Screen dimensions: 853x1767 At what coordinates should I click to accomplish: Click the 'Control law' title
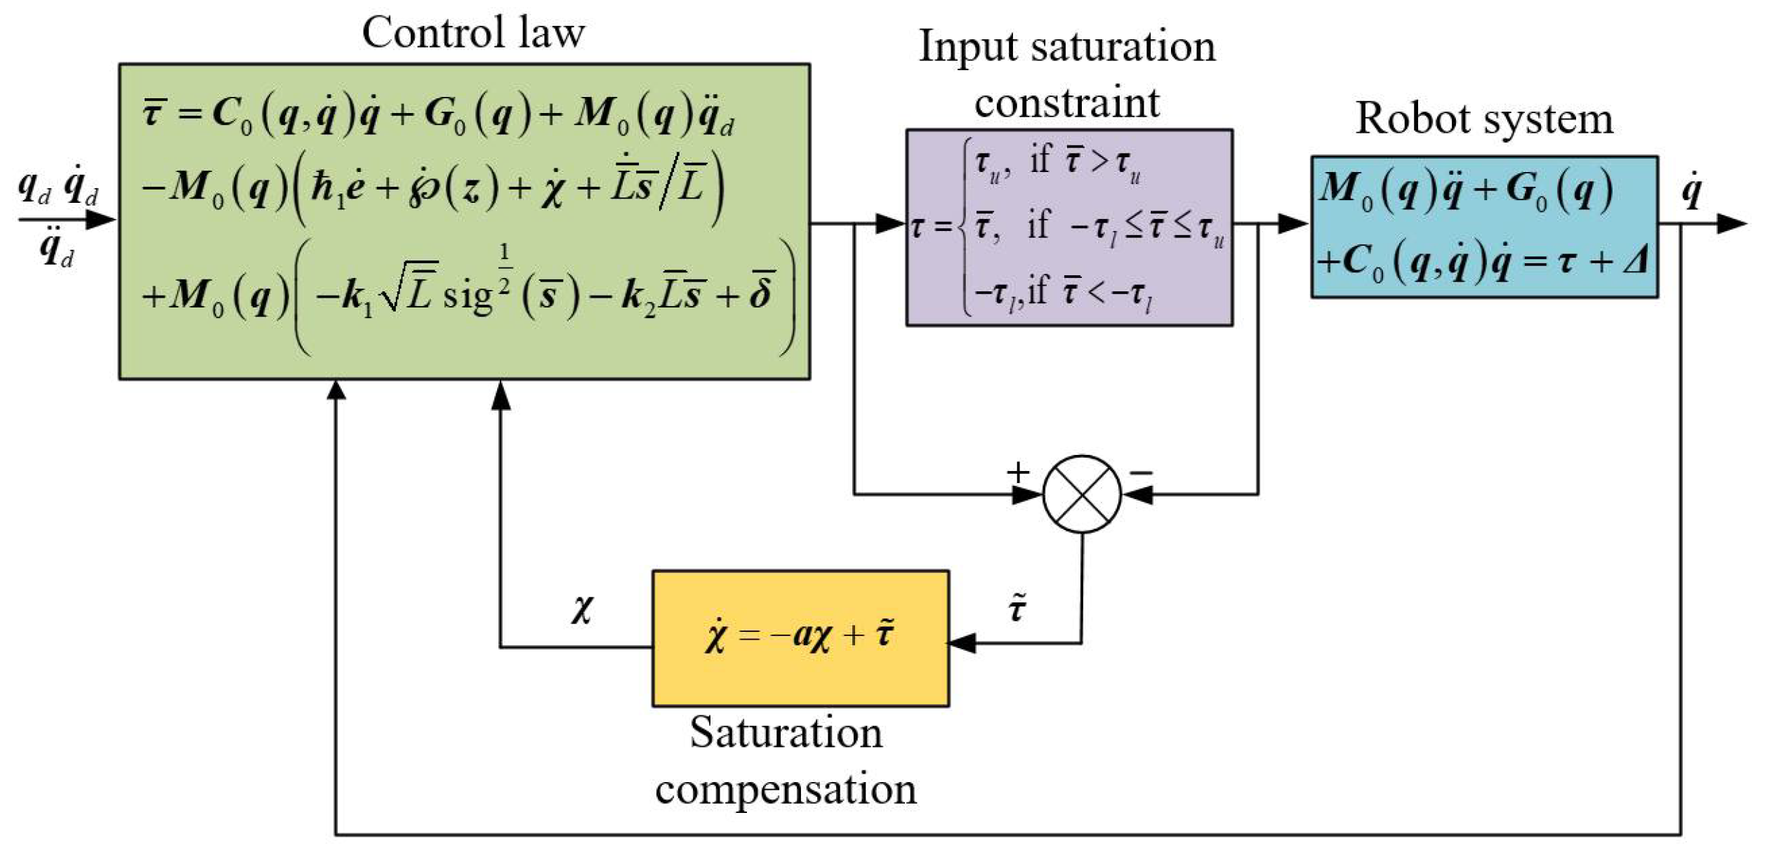472,33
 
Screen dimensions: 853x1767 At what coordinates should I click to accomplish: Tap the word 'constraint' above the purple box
1066,103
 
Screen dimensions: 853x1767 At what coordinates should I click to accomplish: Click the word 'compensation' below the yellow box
786,789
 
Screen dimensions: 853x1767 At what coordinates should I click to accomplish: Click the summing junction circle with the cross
1081,494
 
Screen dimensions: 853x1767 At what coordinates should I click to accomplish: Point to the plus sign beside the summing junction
1017,472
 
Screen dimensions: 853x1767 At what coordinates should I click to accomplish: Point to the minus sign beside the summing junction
1141,472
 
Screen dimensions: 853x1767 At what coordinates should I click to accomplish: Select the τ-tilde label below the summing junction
1017,608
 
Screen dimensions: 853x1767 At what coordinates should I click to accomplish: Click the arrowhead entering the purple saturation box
890,224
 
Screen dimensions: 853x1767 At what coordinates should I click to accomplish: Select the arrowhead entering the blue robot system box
1293,224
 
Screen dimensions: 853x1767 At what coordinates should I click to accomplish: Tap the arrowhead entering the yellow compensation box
962,643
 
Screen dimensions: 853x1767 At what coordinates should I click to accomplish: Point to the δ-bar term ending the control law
762,292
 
